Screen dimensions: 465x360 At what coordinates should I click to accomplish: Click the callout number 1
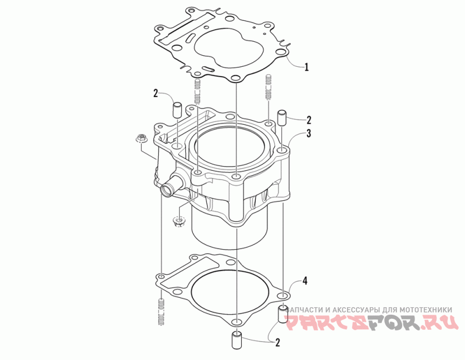[x=307, y=67]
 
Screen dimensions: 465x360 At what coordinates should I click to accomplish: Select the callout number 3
[x=309, y=134]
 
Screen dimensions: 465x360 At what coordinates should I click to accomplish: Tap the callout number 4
[x=305, y=280]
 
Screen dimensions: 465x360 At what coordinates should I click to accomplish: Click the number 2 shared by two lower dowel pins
[x=278, y=343]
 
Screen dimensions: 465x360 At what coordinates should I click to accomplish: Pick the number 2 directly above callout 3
[x=309, y=120]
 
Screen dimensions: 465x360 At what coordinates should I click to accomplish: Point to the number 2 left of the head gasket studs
[x=156, y=93]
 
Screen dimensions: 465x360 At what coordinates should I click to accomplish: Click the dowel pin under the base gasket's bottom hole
[x=237, y=340]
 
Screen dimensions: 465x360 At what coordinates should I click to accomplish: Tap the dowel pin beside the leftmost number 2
[x=177, y=110]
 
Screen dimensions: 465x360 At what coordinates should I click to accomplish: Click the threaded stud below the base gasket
[x=161, y=312]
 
